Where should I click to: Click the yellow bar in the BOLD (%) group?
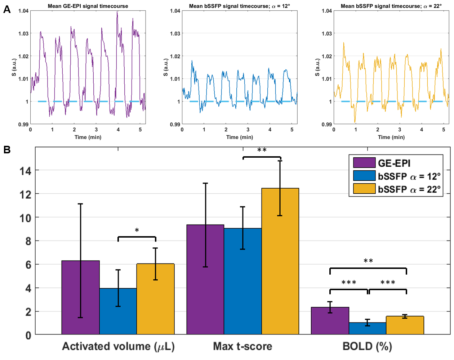(x=405, y=325)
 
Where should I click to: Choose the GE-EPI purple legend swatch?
(x=364, y=163)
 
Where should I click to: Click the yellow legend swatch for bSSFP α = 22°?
(x=364, y=189)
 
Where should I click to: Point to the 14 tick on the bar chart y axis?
(x=26, y=171)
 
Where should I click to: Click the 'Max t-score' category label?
(x=242, y=346)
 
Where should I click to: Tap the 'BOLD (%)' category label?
(x=367, y=346)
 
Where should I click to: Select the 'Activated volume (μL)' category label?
(x=118, y=346)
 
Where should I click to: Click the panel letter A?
(x=7, y=10)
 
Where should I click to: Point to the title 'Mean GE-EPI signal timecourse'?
(x=88, y=6)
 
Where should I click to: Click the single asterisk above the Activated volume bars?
(x=137, y=230)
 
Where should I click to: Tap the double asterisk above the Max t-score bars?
(x=262, y=150)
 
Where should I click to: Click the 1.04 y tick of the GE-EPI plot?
(x=23, y=11)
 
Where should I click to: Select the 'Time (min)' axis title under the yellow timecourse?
(x=391, y=137)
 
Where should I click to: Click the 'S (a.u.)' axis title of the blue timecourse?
(x=165, y=67)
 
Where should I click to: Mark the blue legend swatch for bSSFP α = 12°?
(x=364, y=176)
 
